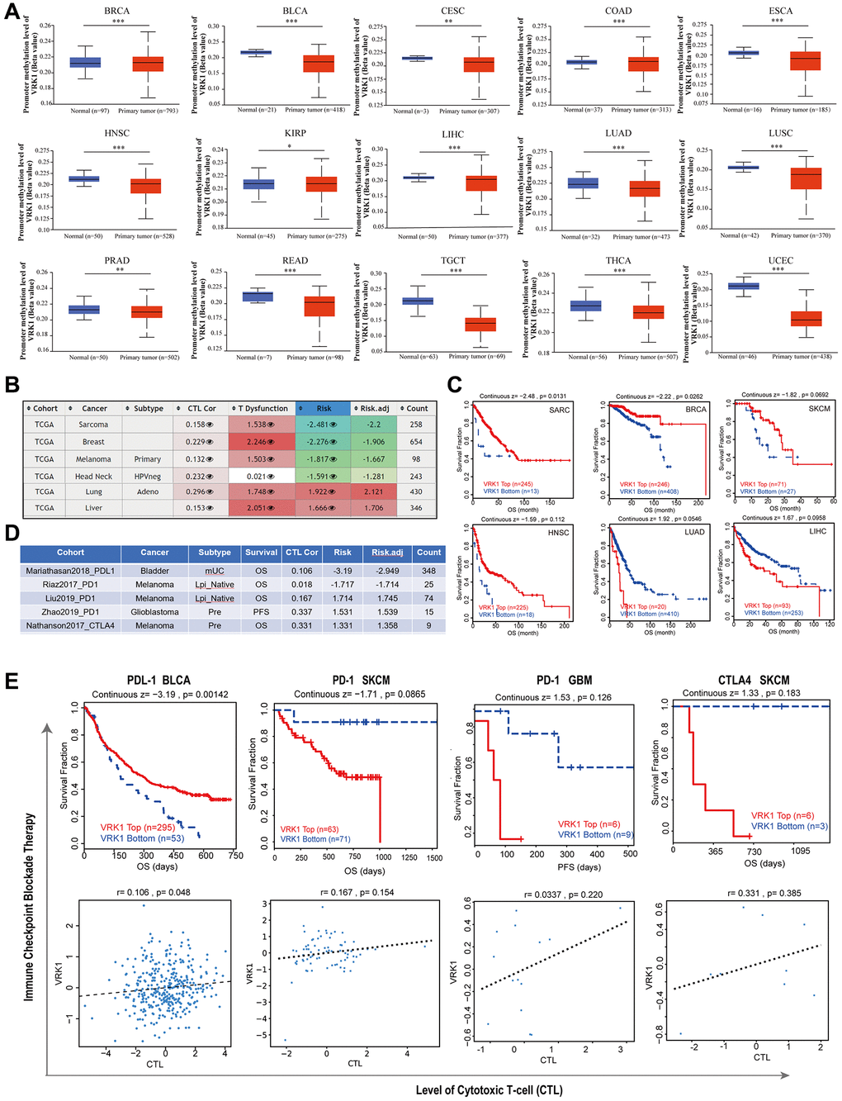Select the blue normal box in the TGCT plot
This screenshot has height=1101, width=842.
(x=418, y=301)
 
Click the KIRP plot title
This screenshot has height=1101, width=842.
(x=295, y=133)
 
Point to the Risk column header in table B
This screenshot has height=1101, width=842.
(x=324, y=408)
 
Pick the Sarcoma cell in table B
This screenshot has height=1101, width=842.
(x=93, y=425)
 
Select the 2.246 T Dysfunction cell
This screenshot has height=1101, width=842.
(x=260, y=442)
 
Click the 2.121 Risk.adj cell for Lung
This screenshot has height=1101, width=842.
(x=373, y=491)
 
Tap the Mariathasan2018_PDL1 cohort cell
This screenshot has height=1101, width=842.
(x=70, y=571)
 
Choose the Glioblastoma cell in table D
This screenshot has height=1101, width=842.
(x=154, y=612)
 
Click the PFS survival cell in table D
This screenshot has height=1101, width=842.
(x=261, y=612)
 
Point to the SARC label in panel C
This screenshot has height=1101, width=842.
(x=559, y=410)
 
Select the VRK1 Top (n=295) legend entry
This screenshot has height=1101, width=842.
(x=138, y=827)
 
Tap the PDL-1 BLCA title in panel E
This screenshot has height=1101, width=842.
(x=158, y=681)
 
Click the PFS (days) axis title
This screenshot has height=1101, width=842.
(x=577, y=866)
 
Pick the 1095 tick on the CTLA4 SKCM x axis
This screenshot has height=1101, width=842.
(x=801, y=851)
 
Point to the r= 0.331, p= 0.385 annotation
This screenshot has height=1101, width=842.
(x=764, y=893)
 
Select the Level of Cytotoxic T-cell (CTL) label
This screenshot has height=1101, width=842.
(x=489, y=1090)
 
